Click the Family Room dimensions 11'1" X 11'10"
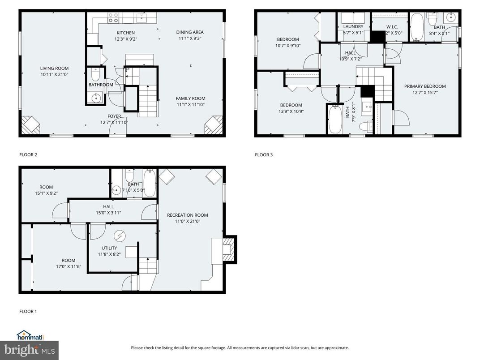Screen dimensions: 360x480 [190, 104]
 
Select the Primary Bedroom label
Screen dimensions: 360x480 [425, 86]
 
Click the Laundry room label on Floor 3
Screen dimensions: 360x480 [353, 27]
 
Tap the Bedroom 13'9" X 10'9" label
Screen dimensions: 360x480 [291, 105]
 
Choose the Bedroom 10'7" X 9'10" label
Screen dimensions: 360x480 [287, 39]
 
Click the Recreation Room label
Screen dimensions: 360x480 [187, 215]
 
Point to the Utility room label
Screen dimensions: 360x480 [109, 248]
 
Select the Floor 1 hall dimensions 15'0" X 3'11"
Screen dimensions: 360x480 [108, 213]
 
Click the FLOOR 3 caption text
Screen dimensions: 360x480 [264, 155]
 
